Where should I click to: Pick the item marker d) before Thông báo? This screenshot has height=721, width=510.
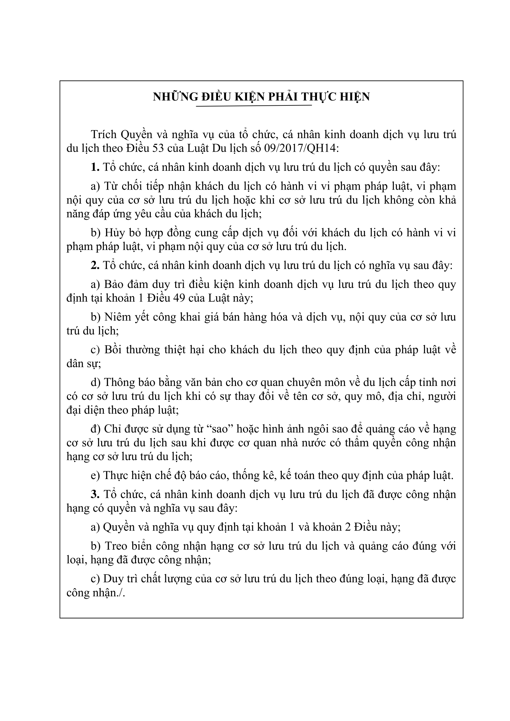[95, 383]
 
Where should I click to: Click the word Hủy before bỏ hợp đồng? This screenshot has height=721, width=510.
[114, 233]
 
